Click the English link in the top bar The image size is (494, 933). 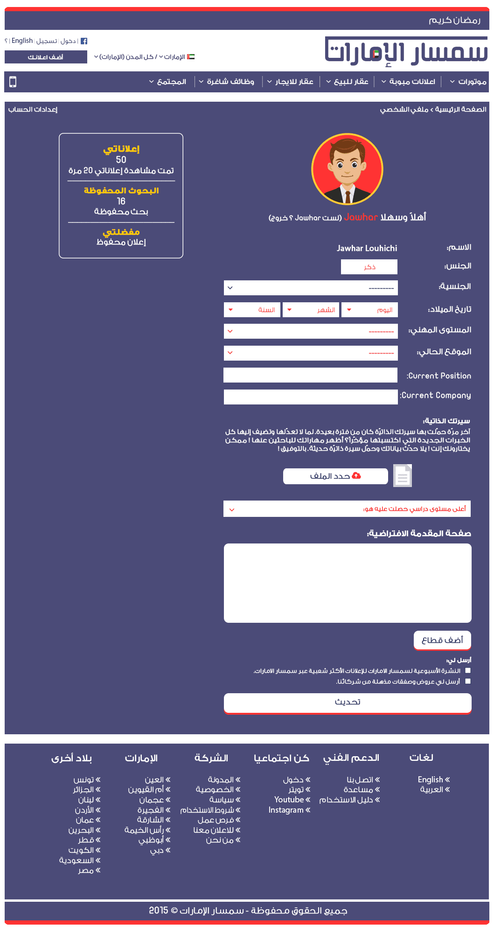click(22, 41)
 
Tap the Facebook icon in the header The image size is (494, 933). click(84, 41)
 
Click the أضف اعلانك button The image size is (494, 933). click(46, 57)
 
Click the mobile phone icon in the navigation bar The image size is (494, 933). click(13, 82)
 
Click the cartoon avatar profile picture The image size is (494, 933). click(347, 169)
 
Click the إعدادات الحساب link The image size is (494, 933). click(33, 109)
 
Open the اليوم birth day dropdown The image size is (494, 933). click(369, 310)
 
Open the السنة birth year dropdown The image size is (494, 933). click(252, 310)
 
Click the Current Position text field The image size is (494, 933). click(310, 375)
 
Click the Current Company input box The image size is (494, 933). click(310, 397)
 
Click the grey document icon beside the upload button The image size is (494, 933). click(403, 476)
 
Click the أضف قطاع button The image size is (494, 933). click(442, 640)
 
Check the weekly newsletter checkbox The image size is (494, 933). click(468, 670)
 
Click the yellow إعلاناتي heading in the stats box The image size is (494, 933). click(121, 149)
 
